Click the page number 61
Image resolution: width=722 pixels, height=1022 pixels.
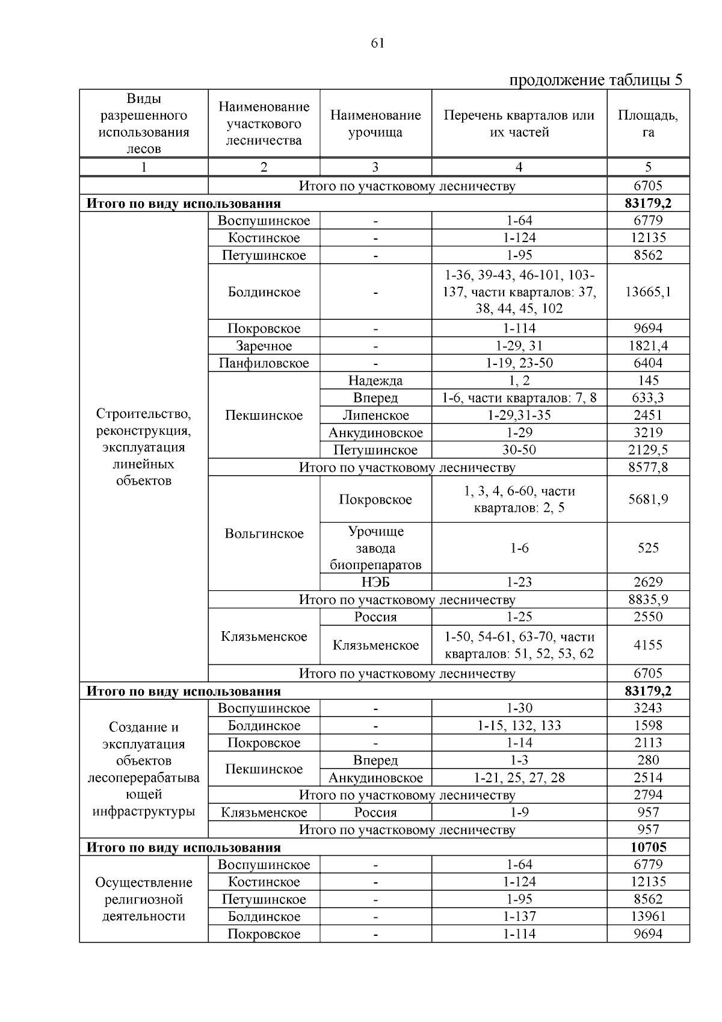click(x=378, y=43)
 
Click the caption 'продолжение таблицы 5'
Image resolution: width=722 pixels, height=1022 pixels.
click(x=596, y=80)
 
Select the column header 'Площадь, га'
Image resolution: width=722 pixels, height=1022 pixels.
click(x=647, y=123)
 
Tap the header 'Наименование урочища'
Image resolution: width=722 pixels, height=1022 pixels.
click(x=375, y=123)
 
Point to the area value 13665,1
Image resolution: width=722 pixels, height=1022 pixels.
click(x=647, y=292)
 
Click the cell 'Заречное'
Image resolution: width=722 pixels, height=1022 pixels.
click(x=264, y=346)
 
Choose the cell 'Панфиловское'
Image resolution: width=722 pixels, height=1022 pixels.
click(x=264, y=363)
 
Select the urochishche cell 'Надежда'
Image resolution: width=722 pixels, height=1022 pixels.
click(x=375, y=381)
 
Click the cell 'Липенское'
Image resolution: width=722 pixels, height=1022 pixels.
click(x=375, y=416)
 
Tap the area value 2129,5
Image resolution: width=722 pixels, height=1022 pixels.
click(x=647, y=450)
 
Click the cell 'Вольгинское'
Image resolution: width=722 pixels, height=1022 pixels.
click(x=264, y=534)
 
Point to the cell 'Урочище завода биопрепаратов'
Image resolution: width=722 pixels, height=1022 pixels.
click(x=375, y=548)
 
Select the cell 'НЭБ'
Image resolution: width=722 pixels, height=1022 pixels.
click(x=375, y=582)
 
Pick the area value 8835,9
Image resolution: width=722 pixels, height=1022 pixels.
click(x=647, y=600)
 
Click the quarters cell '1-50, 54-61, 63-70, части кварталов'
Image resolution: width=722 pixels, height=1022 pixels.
click(x=519, y=645)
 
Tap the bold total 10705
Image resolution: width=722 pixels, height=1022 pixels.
click(x=647, y=847)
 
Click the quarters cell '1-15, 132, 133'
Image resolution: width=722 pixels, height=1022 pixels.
click(x=519, y=726)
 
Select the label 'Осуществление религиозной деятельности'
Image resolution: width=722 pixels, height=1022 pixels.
click(x=143, y=899)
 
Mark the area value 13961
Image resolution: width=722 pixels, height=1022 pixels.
click(x=647, y=917)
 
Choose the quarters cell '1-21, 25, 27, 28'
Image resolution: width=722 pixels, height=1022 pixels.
click(x=519, y=777)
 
